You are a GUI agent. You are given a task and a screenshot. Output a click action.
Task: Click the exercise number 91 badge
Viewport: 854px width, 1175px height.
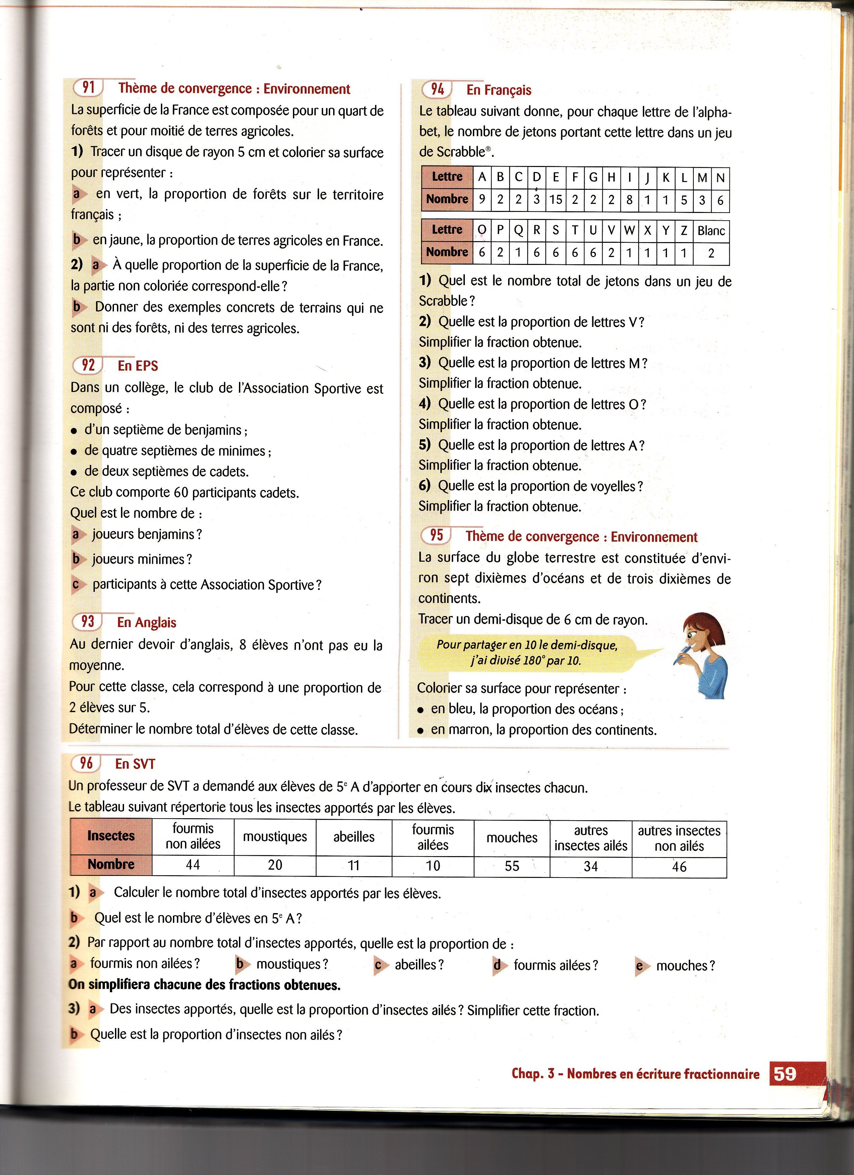tap(88, 88)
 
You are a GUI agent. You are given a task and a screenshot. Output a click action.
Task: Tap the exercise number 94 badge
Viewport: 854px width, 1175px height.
tap(437, 90)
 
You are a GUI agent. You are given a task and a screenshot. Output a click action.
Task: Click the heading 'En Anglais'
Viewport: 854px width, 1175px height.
tap(146, 622)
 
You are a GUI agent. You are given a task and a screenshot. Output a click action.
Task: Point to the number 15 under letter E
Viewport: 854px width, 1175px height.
tap(556, 200)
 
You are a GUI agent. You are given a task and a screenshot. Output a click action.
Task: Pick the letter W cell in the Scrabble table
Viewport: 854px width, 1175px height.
tap(629, 231)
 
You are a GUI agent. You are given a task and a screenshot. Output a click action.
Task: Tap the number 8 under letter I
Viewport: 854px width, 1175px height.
tap(629, 200)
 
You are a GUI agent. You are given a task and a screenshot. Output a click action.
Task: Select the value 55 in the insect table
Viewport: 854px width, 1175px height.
tap(512, 866)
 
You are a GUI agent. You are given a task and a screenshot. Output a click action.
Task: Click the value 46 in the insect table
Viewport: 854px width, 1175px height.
tap(679, 866)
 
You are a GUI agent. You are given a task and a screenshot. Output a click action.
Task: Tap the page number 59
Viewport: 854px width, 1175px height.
tap(785, 1073)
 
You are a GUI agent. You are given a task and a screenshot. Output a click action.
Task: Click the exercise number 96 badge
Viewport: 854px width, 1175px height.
tap(86, 763)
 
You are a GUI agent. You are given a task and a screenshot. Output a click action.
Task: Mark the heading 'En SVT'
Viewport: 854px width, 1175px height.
tap(135, 764)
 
